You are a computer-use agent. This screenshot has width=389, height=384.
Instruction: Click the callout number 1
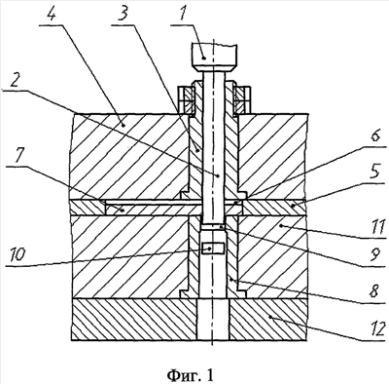(185, 15)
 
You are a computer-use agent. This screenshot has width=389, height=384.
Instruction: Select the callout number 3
(123, 15)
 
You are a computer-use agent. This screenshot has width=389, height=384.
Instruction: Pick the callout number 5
(375, 173)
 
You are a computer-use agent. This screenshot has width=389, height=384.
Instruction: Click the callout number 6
(376, 135)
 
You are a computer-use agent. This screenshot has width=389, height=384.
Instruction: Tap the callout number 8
(374, 292)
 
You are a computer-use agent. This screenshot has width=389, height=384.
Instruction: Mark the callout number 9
(375, 256)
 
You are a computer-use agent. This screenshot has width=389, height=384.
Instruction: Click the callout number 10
(17, 254)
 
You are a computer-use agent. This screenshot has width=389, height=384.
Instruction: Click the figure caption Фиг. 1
(191, 375)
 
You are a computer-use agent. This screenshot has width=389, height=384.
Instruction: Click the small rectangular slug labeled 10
(212, 249)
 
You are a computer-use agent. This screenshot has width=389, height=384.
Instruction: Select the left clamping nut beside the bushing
(186, 99)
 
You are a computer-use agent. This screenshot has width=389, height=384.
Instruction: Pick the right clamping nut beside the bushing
(242, 99)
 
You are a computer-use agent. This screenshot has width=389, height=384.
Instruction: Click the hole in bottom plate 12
(213, 319)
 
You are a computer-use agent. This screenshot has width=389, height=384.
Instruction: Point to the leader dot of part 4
(123, 124)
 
